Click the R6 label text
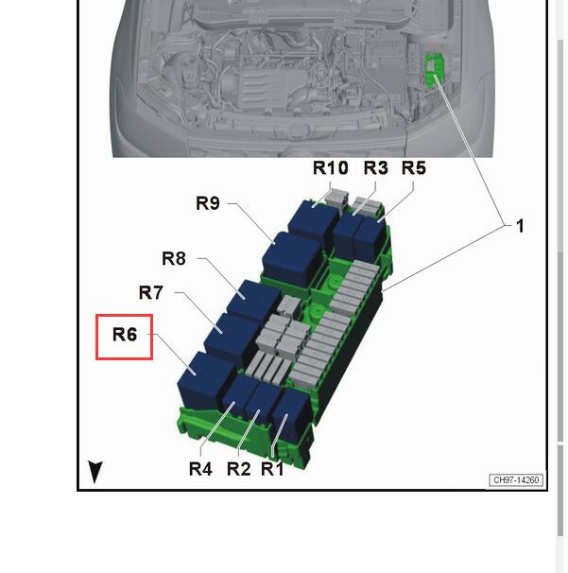click(125, 335)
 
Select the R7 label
click(150, 293)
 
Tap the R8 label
click(174, 259)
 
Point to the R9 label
click(208, 203)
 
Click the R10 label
click(331, 168)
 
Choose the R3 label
click(375, 168)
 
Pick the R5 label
click(414, 168)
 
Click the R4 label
click(200, 469)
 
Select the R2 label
click(239, 469)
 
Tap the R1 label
click(272, 469)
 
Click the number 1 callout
click(520, 226)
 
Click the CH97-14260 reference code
click(516, 480)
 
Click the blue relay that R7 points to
click(230, 337)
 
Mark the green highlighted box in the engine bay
click(434, 70)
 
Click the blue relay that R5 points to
click(370, 237)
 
